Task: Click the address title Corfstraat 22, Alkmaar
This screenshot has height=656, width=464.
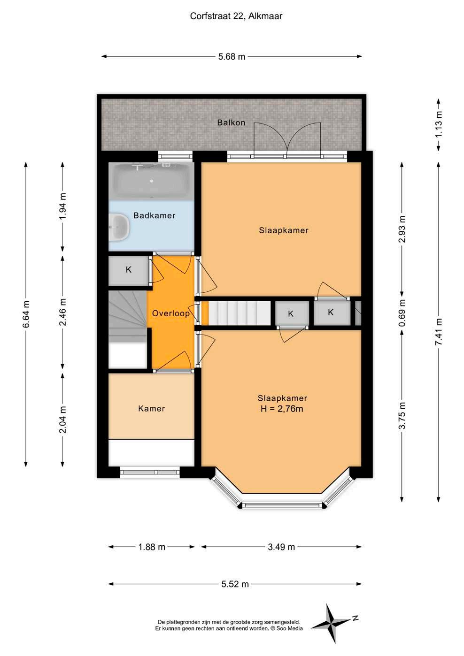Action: pyautogui.click(x=236, y=16)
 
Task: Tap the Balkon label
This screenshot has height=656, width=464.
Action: pyautogui.click(x=231, y=122)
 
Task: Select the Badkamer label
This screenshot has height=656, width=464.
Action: pyautogui.click(x=154, y=215)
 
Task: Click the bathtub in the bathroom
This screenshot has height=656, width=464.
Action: pyautogui.click(x=151, y=181)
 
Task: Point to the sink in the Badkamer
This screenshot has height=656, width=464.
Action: pyautogui.click(x=119, y=227)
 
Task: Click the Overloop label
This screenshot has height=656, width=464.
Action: pyautogui.click(x=170, y=313)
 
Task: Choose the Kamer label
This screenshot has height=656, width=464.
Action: pyautogui.click(x=151, y=409)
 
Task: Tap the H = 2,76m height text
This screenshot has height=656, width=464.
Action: pyautogui.click(x=282, y=409)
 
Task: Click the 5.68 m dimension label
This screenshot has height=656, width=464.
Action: pyautogui.click(x=232, y=56)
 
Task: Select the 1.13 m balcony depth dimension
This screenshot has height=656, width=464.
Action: pyautogui.click(x=439, y=124)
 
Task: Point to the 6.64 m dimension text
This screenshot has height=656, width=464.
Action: pyautogui.click(x=26, y=314)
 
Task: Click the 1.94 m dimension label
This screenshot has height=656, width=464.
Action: pyautogui.click(x=62, y=206)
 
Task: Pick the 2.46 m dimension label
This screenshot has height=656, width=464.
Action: pyautogui.click(x=62, y=312)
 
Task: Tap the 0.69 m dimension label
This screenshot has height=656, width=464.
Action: pyautogui.click(x=402, y=313)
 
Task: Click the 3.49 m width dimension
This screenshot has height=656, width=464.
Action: pyautogui.click(x=281, y=547)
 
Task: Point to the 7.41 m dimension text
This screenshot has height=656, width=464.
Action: pyautogui.click(x=439, y=332)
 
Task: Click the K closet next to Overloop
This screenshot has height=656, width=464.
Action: pyautogui.click(x=128, y=270)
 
